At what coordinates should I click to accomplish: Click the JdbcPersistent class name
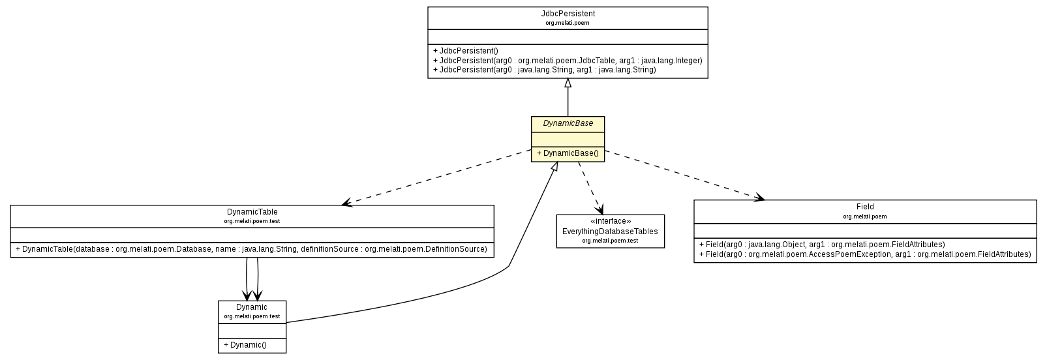(x=568, y=13)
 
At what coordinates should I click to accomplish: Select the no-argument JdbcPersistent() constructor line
(x=465, y=51)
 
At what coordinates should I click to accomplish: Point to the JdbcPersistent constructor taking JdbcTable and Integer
(x=567, y=60)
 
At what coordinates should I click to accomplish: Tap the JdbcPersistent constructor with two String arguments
(x=544, y=69)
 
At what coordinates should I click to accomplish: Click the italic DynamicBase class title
(x=568, y=123)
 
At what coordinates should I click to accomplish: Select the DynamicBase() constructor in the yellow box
(x=567, y=153)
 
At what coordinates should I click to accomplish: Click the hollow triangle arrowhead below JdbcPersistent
(x=568, y=83)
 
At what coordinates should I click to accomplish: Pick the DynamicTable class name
(x=252, y=212)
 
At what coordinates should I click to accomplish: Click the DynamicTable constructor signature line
(x=251, y=249)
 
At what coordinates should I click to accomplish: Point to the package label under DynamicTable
(x=252, y=221)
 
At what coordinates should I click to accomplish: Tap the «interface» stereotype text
(x=610, y=221)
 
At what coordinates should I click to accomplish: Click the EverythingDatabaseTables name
(x=610, y=232)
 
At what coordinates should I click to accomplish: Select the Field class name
(x=865, y=207)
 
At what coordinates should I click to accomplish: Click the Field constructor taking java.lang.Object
(x=821, y=245)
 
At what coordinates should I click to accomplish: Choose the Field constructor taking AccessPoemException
(x=864, y=254)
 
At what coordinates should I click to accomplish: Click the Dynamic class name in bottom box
(x=252, y=307)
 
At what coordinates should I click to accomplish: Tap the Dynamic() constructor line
(x=245, y=345)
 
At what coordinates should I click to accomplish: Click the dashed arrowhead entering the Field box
(x=759, y=197)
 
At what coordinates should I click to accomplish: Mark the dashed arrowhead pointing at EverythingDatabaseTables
(x=599, y=210)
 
